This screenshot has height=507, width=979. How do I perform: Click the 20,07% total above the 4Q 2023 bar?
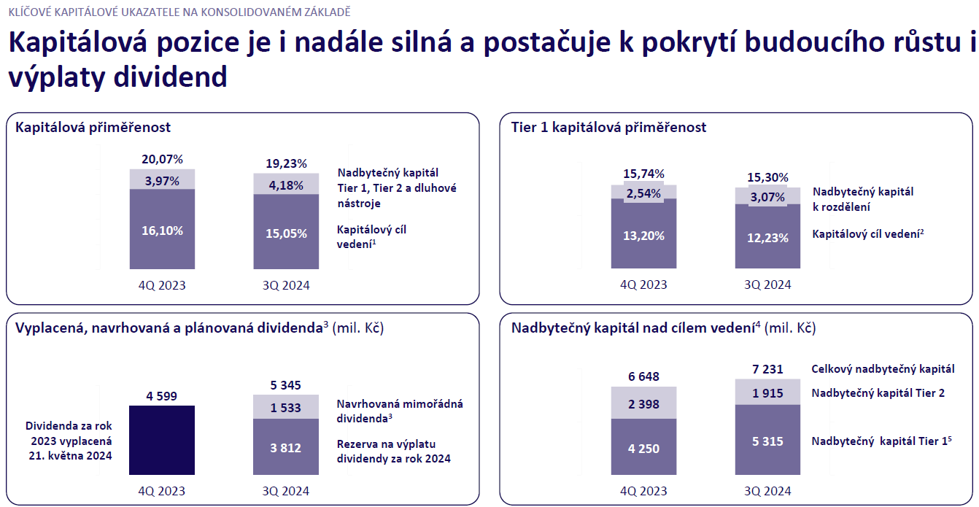click(x=162, y=159)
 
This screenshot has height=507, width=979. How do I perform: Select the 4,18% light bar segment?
click(x=286, y=184)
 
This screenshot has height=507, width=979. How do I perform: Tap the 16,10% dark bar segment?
click(x=162, y=229)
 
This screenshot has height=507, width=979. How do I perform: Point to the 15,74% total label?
click(x=643, y=174)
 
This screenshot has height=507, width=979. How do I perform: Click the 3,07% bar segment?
click(x=767, y=196)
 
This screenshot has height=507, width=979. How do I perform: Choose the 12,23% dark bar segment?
click(x=767, y=236)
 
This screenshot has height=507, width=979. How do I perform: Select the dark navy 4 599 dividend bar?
click(x=162, y=440)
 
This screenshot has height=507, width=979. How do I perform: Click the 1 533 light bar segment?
click(x=286, y=407)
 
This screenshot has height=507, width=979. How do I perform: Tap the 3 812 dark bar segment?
click(x=286, y=446)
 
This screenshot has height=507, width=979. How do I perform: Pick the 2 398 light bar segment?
click(x=643, y=403)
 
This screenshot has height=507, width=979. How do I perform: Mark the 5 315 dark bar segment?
click(x=767, y=440)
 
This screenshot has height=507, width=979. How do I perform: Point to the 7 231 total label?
click(x=767, y=369)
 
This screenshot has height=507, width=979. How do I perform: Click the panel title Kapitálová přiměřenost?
click(x=93, y=127)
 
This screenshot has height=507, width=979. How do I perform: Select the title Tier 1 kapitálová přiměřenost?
click(x=608, y=127)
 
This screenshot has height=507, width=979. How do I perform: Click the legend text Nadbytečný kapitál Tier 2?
click(x=878, y=393)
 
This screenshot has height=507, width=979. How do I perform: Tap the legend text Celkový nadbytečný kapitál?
click(x=883, y=369)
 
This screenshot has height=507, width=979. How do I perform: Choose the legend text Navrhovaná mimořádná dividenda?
click(x=400, y=411)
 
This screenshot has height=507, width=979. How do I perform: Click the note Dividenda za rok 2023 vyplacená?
click(x=70, y=433)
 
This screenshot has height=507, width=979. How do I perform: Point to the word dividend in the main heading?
click(x=170, y=77)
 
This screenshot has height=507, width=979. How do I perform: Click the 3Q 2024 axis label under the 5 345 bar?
click(x=286, y=491)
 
